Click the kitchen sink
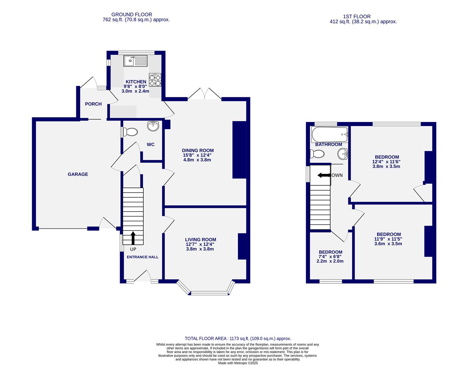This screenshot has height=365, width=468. [x=136, y=61]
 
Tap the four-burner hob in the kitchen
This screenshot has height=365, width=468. [x=155, y=80]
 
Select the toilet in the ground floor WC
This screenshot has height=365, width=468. [x=129, y=132]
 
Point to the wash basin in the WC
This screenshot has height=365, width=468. [x=153, y=126]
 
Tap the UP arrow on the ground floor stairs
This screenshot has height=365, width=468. [x=133, y=238]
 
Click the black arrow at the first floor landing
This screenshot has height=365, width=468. [x=324, y=175]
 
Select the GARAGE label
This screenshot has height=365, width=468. [x=78, y=174]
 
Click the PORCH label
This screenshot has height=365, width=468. [x=93, y=104]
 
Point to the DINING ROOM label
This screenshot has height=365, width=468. [x=198, y=151]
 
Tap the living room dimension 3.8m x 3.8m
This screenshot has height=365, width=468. [x=200, y=249]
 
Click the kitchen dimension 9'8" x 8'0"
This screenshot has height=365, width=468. [x=136, y=87]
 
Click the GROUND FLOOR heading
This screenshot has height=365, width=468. [x=132, y=15]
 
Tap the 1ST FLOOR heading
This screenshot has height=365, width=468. [x=356, y=17]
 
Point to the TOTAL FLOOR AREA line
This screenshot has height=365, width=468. [x=238, y=338]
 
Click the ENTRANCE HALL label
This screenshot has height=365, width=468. [x=142, y=257]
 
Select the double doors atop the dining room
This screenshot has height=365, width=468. [x=204, y=94]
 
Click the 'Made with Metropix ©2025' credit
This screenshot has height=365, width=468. [x=238, y=363]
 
